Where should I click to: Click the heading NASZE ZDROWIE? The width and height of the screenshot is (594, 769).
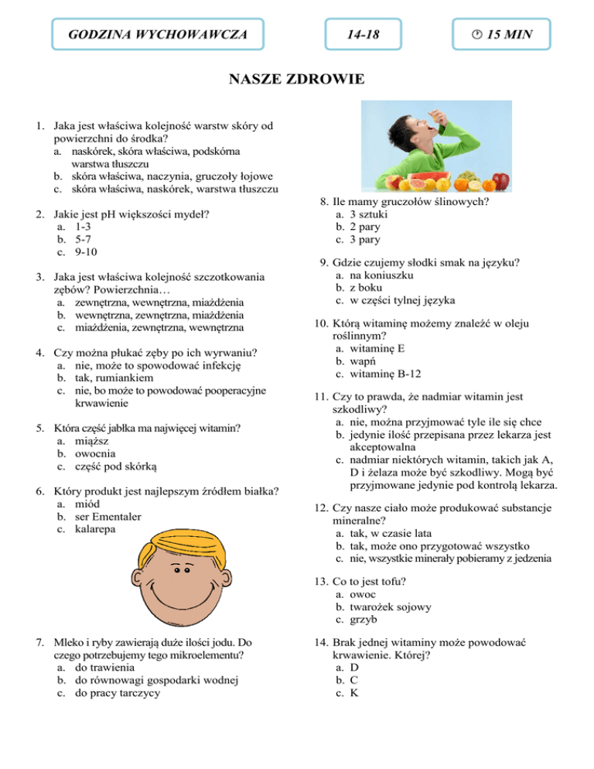[x=296, y=80]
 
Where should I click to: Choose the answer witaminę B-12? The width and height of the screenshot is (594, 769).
[x=394, y=374]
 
